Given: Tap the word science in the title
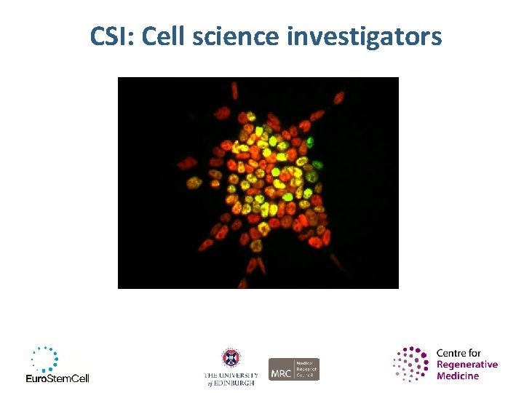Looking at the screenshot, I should pyautogui.click(x=236, y=36).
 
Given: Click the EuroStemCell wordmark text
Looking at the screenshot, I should pyautogui.click(x=57, y=378).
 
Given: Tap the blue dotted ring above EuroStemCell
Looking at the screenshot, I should pyautogui.click(x=44, y=359).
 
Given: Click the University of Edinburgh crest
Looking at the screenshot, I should pyautogui.click(x=231, y=358).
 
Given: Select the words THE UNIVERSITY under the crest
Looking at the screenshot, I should pyautogui.click(x=231, y=375).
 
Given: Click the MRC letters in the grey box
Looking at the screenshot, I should pyautogui.click(x=282, y=370).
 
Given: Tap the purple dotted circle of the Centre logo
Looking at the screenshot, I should pyautogui.click(x=412, y=364).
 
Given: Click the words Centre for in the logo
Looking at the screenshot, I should pyautogui.click(x=458, y=353).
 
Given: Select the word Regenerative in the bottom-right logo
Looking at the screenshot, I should pyautogui.click(x=467, y=365).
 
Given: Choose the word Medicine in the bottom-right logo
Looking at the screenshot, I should pyautogui.click(x=458, y=376).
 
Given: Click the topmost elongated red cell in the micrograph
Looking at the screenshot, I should pyautogui.click(x=234, y=90).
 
